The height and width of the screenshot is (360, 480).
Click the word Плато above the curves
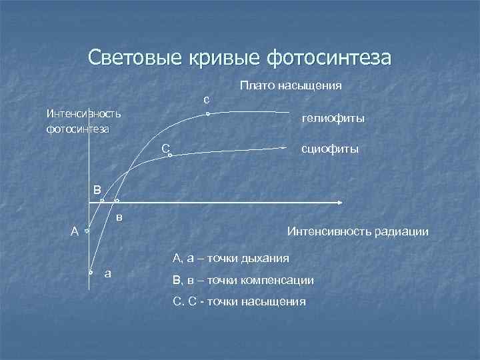point(254,85)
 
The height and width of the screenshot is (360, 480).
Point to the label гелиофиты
point(333,119)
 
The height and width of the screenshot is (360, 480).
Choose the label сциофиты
point(330,149)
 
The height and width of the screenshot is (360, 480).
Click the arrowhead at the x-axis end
point(339,201)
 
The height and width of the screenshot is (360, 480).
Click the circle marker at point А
point(87,231)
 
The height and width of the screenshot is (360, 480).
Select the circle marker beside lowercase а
point(91,273)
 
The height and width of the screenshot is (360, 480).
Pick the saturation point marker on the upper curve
point(208,115)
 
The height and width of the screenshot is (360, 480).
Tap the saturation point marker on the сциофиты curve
point(170,155)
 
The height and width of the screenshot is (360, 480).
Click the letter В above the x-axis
point(97,189)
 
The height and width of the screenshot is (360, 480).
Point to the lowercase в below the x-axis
point(119,217)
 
